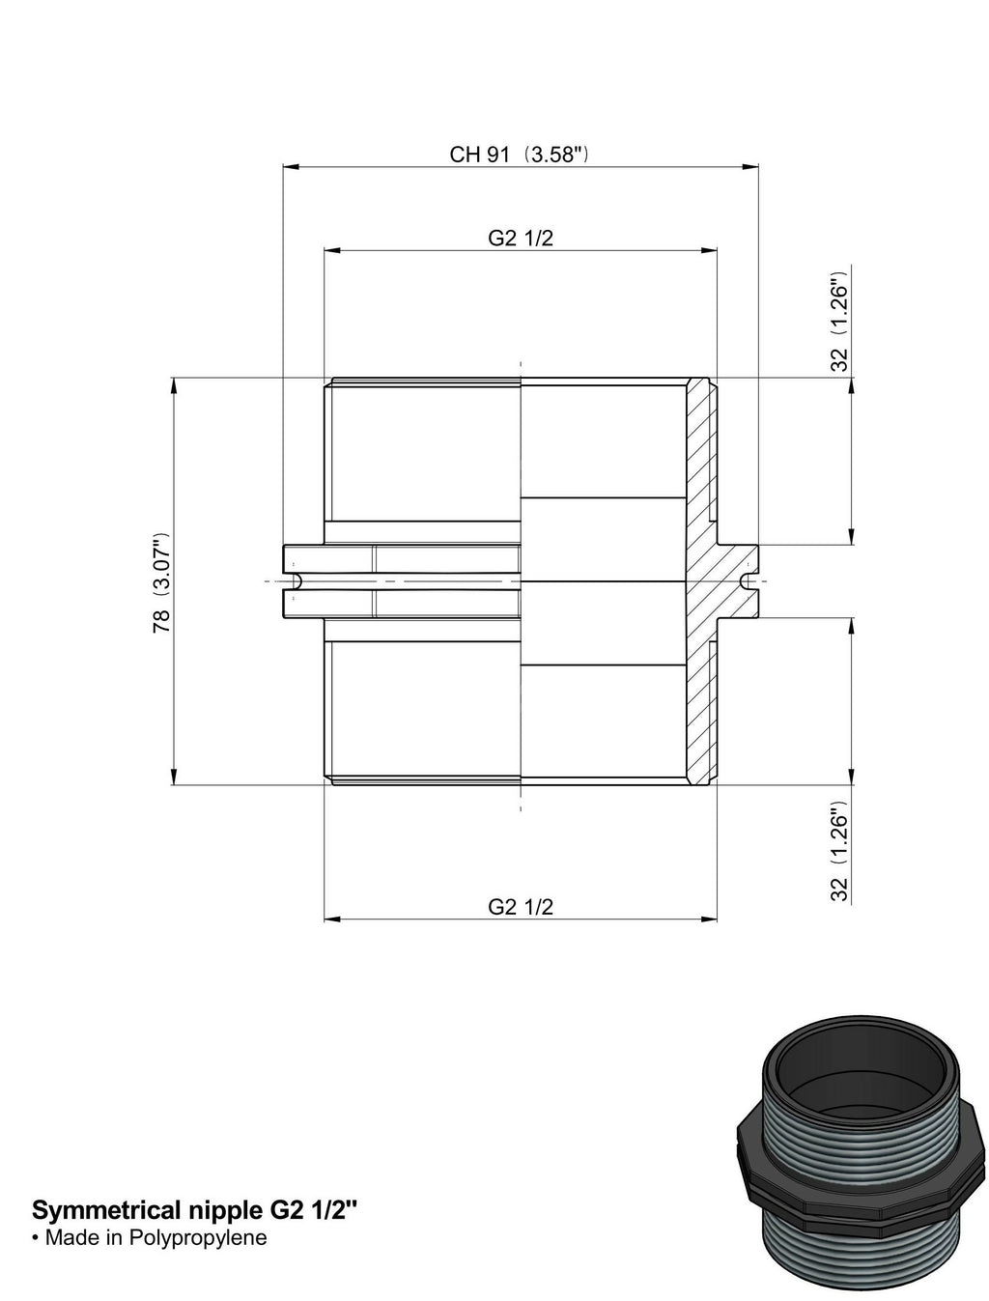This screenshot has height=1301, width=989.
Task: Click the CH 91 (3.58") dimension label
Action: [519, 155]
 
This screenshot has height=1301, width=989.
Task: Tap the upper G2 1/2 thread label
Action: [521, 239]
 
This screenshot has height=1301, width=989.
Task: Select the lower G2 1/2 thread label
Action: [521, 907]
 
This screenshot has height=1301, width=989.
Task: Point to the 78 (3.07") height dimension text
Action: [161, 582]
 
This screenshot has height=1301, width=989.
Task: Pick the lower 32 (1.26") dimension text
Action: [839, 851]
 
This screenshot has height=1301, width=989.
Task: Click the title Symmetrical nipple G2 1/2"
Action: [195, 1210]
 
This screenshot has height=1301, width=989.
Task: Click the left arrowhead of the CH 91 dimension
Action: [291, 168]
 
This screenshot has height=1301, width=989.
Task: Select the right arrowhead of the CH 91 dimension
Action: [750, 168]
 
